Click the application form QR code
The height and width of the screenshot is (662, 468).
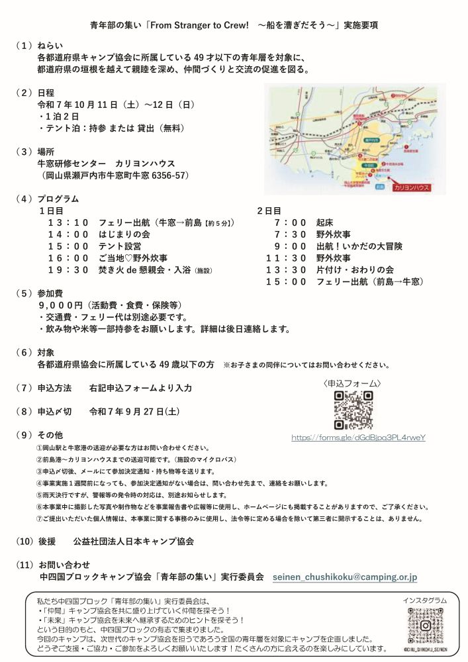[353, 411]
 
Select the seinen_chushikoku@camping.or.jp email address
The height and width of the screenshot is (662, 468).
[345, 577]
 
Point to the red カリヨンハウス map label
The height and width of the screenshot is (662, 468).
[411, 188]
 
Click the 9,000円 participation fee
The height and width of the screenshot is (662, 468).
[60, 305]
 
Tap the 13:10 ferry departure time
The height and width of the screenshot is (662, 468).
[68, 223]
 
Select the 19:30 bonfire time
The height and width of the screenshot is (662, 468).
[68, 270]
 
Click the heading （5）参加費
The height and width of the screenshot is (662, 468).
[44, 293]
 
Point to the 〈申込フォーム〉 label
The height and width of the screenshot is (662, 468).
[352, 383]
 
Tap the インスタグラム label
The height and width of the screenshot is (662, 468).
[424, 600]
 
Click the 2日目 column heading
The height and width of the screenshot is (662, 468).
[269, 211]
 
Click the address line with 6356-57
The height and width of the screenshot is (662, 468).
[115, 175]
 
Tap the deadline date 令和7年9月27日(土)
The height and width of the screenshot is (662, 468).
[134, 411]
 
